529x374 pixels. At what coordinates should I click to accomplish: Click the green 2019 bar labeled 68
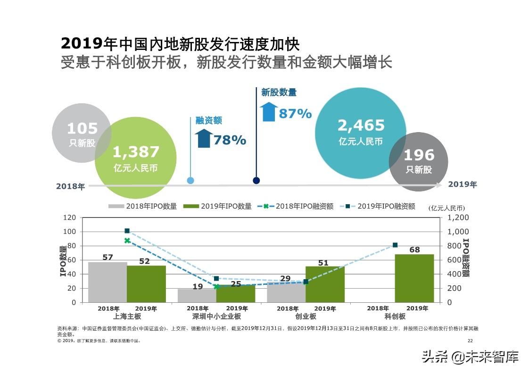point(414,278)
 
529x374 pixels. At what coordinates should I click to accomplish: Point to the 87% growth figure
point(295,114)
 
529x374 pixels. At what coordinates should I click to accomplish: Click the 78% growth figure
point(230,140)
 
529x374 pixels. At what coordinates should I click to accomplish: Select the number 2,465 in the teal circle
point(361,125)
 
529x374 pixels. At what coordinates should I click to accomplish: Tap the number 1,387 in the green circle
point(136,152)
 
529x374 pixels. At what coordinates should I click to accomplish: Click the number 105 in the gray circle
point(82,128)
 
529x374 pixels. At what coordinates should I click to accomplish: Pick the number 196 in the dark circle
point(419,155)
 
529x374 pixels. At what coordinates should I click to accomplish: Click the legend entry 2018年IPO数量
point(143,206)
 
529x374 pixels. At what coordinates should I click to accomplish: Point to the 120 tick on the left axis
point(69,217)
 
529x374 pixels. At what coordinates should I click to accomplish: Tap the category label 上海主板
point(127,316)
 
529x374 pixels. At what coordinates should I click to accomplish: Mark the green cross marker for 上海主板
point(127,241)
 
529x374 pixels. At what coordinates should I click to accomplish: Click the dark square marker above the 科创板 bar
point(395,245)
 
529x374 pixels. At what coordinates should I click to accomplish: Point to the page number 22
point(470,341)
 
